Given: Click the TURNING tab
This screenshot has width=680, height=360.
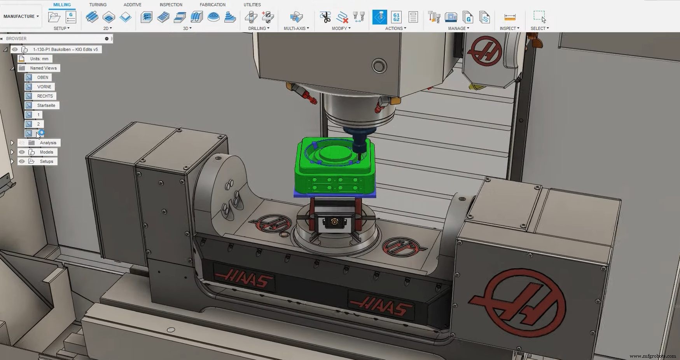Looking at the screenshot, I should click(98, 5).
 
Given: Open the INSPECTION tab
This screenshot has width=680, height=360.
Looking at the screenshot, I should click(171, 5).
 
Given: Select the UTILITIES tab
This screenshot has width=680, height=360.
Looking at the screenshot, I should click(252, 5).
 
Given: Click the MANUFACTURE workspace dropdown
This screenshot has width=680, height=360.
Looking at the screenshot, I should click(21, 16).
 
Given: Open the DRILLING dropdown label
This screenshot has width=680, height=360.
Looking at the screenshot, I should click(259, 28).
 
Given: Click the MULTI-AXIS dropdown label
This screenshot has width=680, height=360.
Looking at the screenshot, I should click(296, 28).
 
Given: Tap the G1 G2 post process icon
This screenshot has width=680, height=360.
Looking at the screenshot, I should click(396, 17).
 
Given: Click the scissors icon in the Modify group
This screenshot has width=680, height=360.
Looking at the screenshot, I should click(325, 17).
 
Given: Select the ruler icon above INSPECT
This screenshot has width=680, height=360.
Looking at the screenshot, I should click(509, 17).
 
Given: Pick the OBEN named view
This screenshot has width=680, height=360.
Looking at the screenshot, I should click(42, 77).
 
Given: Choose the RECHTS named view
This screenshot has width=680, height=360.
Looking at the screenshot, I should click(45, 96).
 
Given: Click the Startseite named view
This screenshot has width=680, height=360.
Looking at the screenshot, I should click(46, 105).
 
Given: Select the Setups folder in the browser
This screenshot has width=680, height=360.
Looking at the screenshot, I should click(46, 161).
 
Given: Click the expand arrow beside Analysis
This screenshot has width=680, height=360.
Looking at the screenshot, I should click(12, 143).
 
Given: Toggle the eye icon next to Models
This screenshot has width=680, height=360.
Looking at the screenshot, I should click(22, 152).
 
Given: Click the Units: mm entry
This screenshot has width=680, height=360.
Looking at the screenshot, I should click(39, 59).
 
